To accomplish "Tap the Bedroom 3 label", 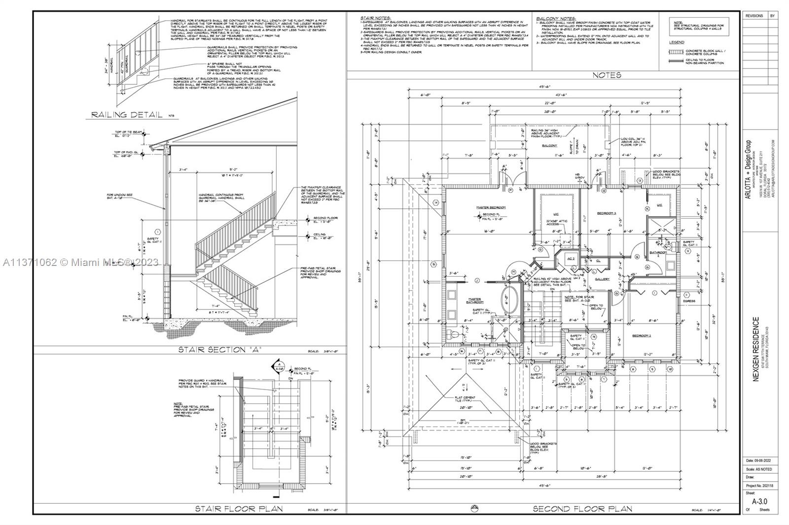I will coord(607,213).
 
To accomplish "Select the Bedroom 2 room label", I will coord(642,335).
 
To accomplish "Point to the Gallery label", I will coord(602,279).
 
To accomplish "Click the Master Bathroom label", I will coord(475,300).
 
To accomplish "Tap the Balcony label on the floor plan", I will coord(550,146).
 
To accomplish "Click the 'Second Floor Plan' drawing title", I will coord(582,509).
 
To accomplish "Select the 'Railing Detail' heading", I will coord(127,115).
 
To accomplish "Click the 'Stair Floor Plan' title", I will coord(239,509).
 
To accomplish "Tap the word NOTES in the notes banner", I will coord(607,75).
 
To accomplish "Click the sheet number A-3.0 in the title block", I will coord(760,502).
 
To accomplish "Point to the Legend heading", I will coord(676,43).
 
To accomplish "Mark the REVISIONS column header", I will coord(754,16).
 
